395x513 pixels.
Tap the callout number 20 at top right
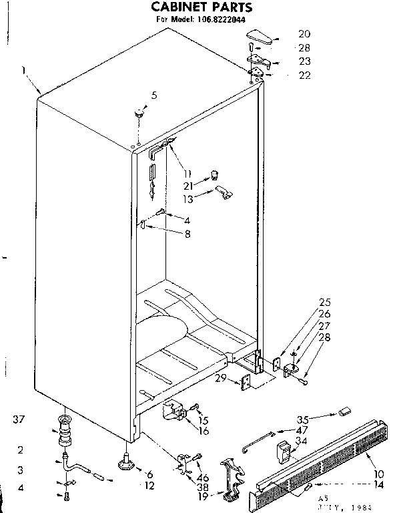point(304,33)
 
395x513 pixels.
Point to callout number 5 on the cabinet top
point(154,96)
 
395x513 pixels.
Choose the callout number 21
point(189,186)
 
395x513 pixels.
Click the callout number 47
point(302,431)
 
